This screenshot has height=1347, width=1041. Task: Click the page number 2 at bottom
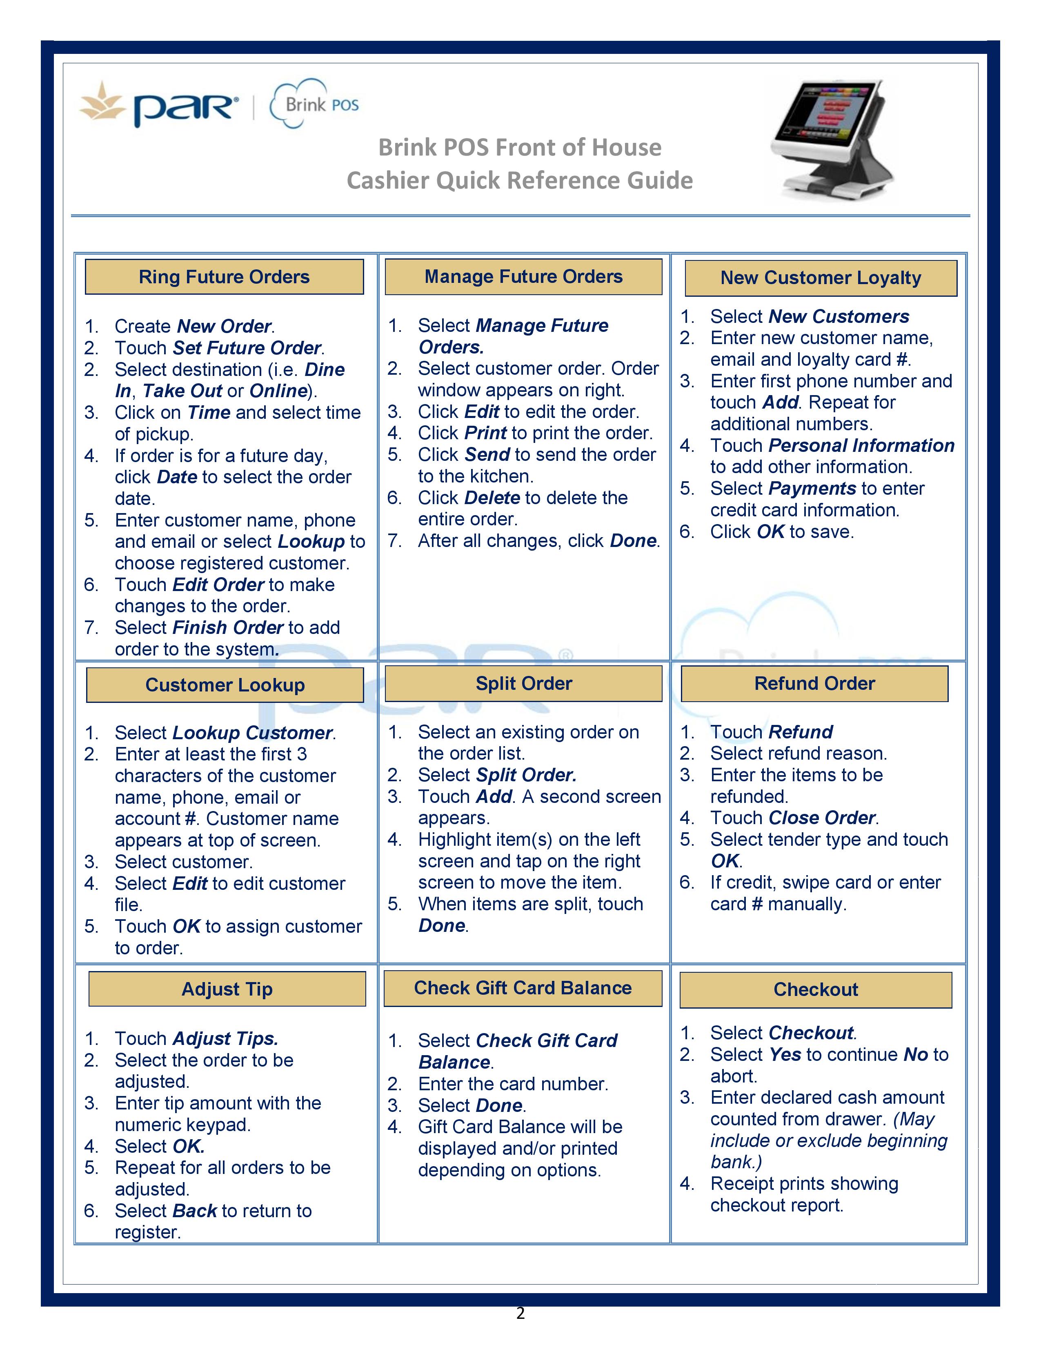[x=520, y=1313]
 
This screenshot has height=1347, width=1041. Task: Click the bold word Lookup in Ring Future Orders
[x=311, y=542]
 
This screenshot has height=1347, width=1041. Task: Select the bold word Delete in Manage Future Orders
[x=492, y=498]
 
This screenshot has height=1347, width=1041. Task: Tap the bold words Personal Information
[x=861, y=445]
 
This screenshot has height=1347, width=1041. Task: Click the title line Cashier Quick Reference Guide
[x=519, y=180]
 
